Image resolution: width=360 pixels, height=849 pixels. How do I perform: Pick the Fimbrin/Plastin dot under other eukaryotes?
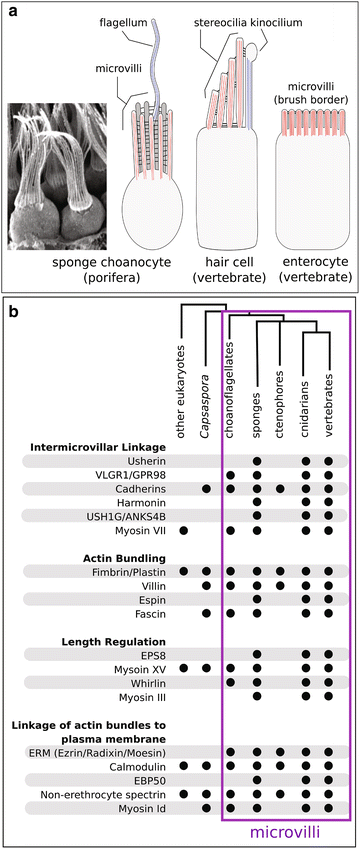coord(183,570)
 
